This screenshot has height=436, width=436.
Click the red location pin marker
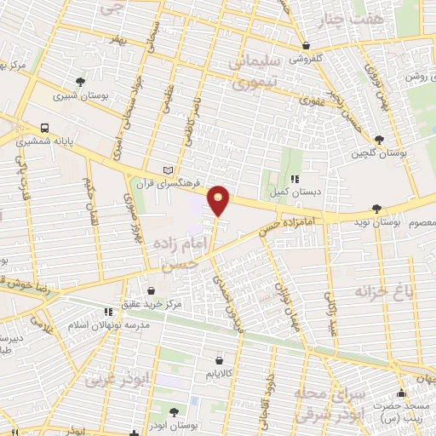point(219,199)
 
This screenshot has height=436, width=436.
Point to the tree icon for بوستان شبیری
point(81,82)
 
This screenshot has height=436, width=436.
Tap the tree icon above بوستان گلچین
point(378,139)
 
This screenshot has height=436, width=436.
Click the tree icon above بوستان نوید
point(377,207)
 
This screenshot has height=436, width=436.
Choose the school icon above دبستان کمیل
point(295,179)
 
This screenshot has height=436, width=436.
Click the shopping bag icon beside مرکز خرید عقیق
point(151,290)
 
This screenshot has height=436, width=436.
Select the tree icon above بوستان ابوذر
point(176,410)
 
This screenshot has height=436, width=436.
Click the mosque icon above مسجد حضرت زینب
point(401,393)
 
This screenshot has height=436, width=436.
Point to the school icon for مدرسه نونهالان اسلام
point(106,313)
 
